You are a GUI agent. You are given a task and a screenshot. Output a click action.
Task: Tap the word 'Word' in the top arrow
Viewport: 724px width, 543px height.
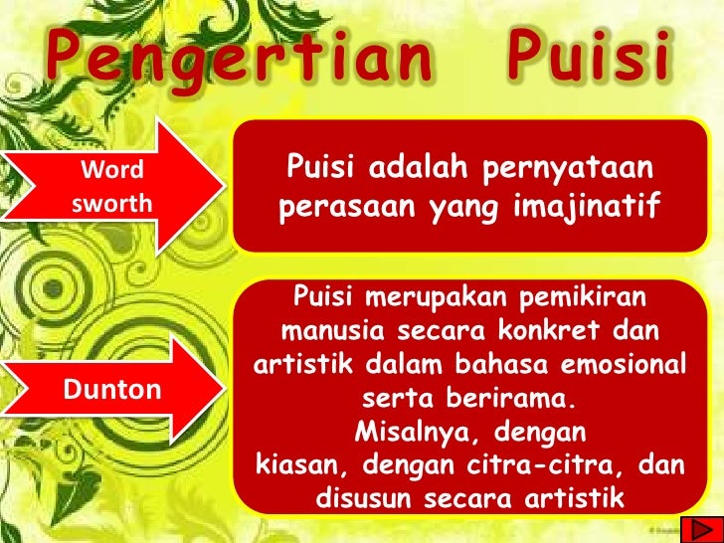point(110,171)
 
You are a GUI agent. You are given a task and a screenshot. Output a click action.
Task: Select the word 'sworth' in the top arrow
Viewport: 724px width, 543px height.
point(112,204)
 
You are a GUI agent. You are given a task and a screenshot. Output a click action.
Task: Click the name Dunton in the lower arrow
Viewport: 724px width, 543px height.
point(112,389)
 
